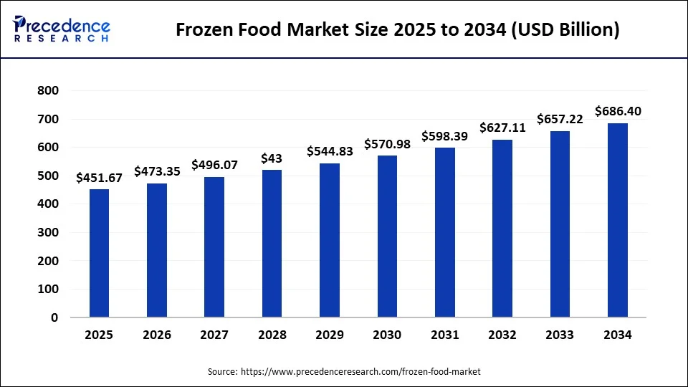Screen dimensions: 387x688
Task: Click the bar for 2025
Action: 99,252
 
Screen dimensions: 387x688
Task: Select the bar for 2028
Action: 272,243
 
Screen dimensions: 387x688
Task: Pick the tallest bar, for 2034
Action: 617,220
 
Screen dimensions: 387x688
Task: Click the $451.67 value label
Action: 99,178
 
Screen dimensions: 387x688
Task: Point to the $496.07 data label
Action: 214,165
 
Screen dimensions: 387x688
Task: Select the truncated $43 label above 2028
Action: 272,158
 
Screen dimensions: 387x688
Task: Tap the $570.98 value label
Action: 387,144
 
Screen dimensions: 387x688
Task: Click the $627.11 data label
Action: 502,128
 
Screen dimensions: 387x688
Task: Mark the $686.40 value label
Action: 618,111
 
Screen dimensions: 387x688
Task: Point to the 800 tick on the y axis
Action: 49,91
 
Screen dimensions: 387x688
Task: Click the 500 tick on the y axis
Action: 49,176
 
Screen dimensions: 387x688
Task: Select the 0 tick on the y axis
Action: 55,317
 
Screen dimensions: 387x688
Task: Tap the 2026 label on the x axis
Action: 157,335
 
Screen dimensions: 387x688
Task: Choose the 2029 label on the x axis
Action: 329,335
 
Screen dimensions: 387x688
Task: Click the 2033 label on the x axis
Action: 560,335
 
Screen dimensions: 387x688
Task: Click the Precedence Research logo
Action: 62,29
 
